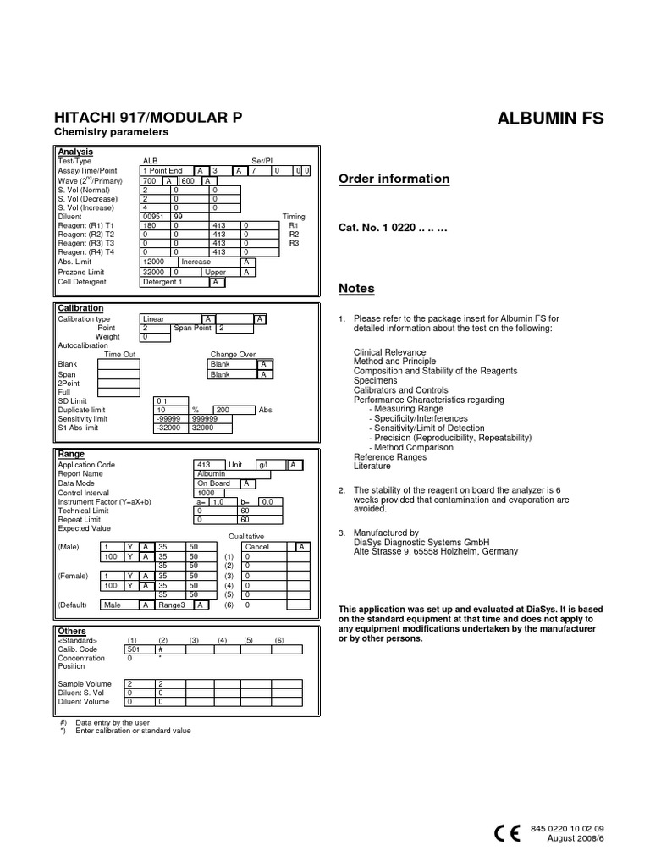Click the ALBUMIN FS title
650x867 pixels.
pos(551,118)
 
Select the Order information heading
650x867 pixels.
pos(394,179)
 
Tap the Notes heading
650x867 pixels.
pos(356,288)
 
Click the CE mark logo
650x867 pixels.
pos(507,833)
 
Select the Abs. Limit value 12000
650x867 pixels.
pos(154,262)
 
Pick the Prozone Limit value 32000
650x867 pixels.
pos(154,273)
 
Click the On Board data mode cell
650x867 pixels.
pos(213,483)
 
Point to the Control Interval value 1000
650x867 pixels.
pos(206,493)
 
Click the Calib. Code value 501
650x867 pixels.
pos(133,649)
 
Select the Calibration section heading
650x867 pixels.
pos(80,308)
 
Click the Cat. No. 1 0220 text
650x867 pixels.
pos(393,228)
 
